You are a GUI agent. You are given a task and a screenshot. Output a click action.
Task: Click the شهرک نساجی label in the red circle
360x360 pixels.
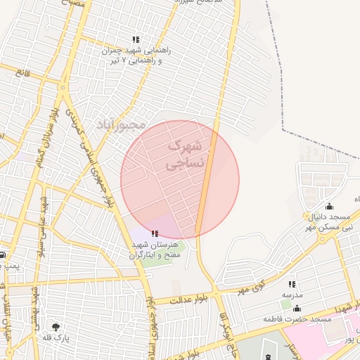pos(185,155)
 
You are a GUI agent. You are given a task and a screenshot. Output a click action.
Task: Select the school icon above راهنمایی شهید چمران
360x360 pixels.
pos(136,40)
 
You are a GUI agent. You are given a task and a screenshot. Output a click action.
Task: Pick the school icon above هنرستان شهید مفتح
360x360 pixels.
pos(155,233)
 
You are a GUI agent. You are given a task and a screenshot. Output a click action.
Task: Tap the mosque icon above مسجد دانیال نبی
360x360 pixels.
pos(310,206)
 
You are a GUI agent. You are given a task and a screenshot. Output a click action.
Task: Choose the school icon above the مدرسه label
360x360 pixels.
pos(291,283)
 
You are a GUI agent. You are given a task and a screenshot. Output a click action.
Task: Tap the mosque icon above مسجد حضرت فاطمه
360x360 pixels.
pos(296,309)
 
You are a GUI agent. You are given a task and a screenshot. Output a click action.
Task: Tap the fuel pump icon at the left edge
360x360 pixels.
pos(3,255)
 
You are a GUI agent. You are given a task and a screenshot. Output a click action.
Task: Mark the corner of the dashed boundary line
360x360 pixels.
pos(284,131)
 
